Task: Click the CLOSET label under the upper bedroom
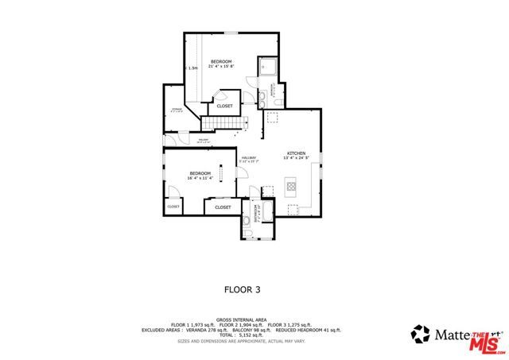point(224,106)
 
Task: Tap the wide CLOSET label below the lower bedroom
point(223,207)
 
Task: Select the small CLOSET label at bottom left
point(173,207)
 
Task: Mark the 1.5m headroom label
point(192,68)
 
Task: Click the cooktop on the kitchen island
point(292,188)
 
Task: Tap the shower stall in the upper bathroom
point(268,67)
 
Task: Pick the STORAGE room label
point(177,110)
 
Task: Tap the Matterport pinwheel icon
point(420,334)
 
